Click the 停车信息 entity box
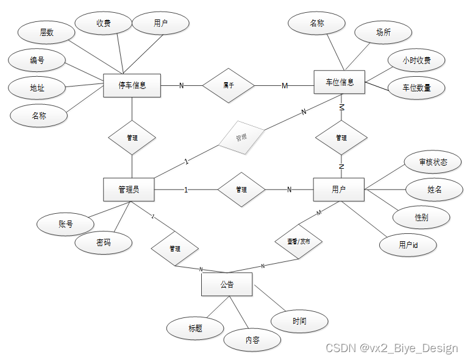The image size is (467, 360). [132, 85]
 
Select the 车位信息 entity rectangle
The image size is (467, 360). [338, 82]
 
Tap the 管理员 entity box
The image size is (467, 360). [128, 189]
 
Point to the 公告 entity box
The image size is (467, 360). [226, 284]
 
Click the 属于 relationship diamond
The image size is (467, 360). [229, 86]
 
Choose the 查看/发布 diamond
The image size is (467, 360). [298, 241]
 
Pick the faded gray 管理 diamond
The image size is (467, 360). [241, 137]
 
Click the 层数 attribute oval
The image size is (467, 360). [47, 32]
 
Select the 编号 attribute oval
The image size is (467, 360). [37, 60]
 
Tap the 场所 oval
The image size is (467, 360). [383, 33]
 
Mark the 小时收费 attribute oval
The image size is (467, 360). [416, 60]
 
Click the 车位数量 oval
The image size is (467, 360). [416, 88]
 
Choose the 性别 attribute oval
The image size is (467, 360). [421, 217]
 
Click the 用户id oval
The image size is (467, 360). [408, 245]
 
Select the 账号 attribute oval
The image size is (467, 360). [65, 224]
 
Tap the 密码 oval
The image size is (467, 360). [104, 242]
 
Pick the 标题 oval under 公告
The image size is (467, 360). [195, 328]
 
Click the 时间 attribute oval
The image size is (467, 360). [299, 321]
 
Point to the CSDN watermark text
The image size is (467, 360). [391, 348]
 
